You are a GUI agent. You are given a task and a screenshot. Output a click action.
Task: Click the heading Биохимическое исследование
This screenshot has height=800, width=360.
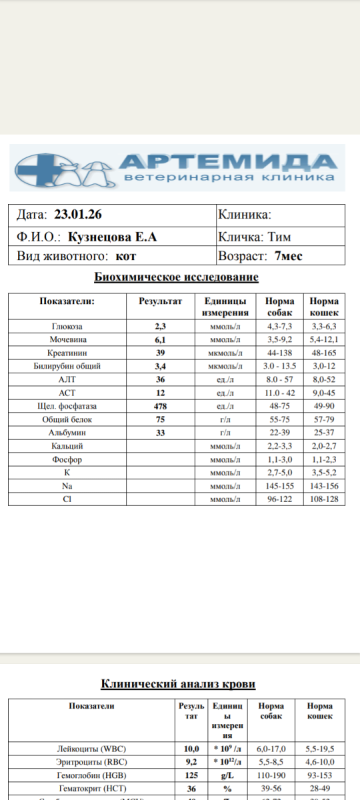pos(176,277)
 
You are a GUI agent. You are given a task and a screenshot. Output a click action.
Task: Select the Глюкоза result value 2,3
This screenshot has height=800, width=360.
pos(160,327)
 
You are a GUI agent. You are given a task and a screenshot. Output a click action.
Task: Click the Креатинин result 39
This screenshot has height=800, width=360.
pos(160,352)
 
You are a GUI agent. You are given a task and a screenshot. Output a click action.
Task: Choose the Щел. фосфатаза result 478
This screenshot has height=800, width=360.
pos(160,406)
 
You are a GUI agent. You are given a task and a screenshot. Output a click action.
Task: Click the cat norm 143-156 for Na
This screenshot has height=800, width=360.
pos(324,487)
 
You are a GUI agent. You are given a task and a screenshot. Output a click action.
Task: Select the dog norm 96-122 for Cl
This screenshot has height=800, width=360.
pos(279,499)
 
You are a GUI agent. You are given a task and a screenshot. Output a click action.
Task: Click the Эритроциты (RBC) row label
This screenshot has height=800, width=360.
pos(92,762)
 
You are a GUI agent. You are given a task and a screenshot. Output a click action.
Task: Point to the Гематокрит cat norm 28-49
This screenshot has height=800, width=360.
pos(320,789)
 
